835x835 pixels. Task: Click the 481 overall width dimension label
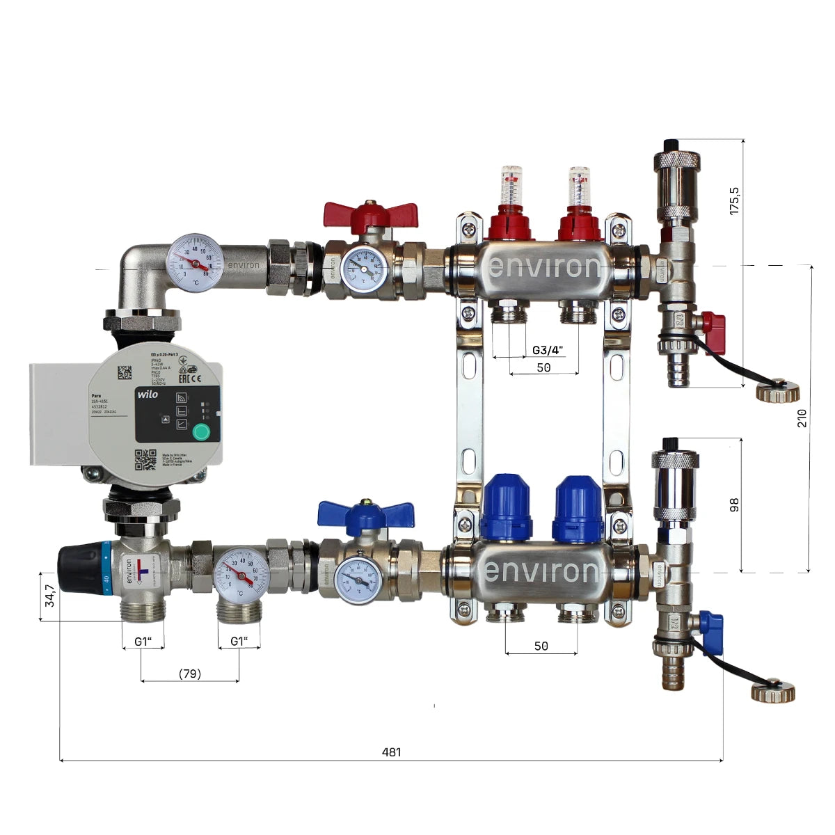(392, 752)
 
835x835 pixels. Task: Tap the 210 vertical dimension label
(802, 418)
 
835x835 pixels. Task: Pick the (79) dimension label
(189, 674)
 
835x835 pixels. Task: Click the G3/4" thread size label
(547, 350)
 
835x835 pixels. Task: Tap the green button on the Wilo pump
(200, 432)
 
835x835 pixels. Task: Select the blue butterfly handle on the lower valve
(365, 515)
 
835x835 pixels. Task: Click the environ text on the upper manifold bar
(543, 267)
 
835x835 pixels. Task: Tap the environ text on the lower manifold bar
(541, 571)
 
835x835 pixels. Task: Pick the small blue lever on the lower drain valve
(711, 623)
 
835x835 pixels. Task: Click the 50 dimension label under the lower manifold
(541, 646)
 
